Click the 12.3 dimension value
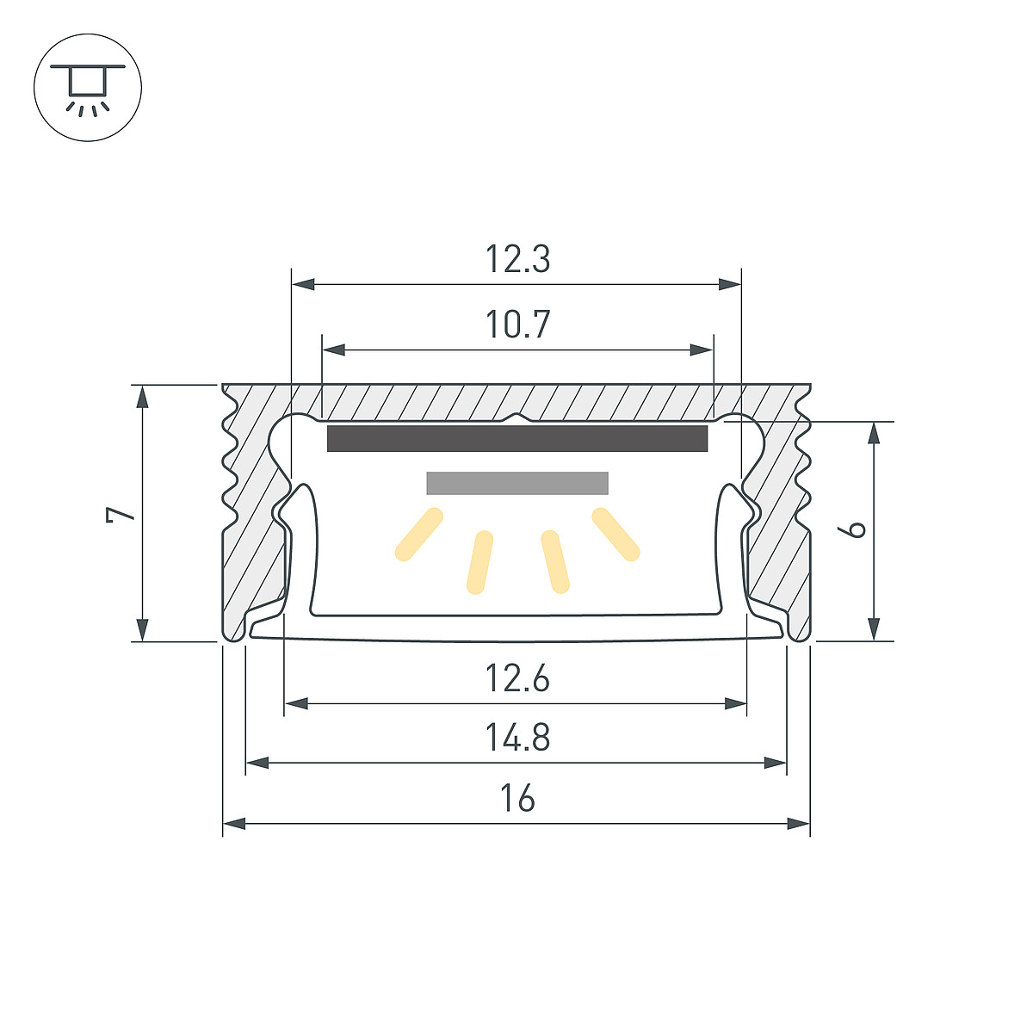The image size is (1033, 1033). tap(517, 258)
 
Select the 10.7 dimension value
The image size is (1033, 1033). tap(517, 324)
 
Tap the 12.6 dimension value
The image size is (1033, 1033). tap(517, 677)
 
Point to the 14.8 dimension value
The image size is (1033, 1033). tap(517, 737)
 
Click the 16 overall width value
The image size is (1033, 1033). tap(517, 797)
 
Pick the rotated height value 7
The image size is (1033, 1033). tap(120, 514)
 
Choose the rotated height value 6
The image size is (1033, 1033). tap(851, 529)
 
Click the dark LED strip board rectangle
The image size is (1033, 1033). tap(517, 438)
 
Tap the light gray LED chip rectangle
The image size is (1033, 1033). tap(517, 483)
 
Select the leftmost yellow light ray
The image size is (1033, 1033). tap(418, 535)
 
